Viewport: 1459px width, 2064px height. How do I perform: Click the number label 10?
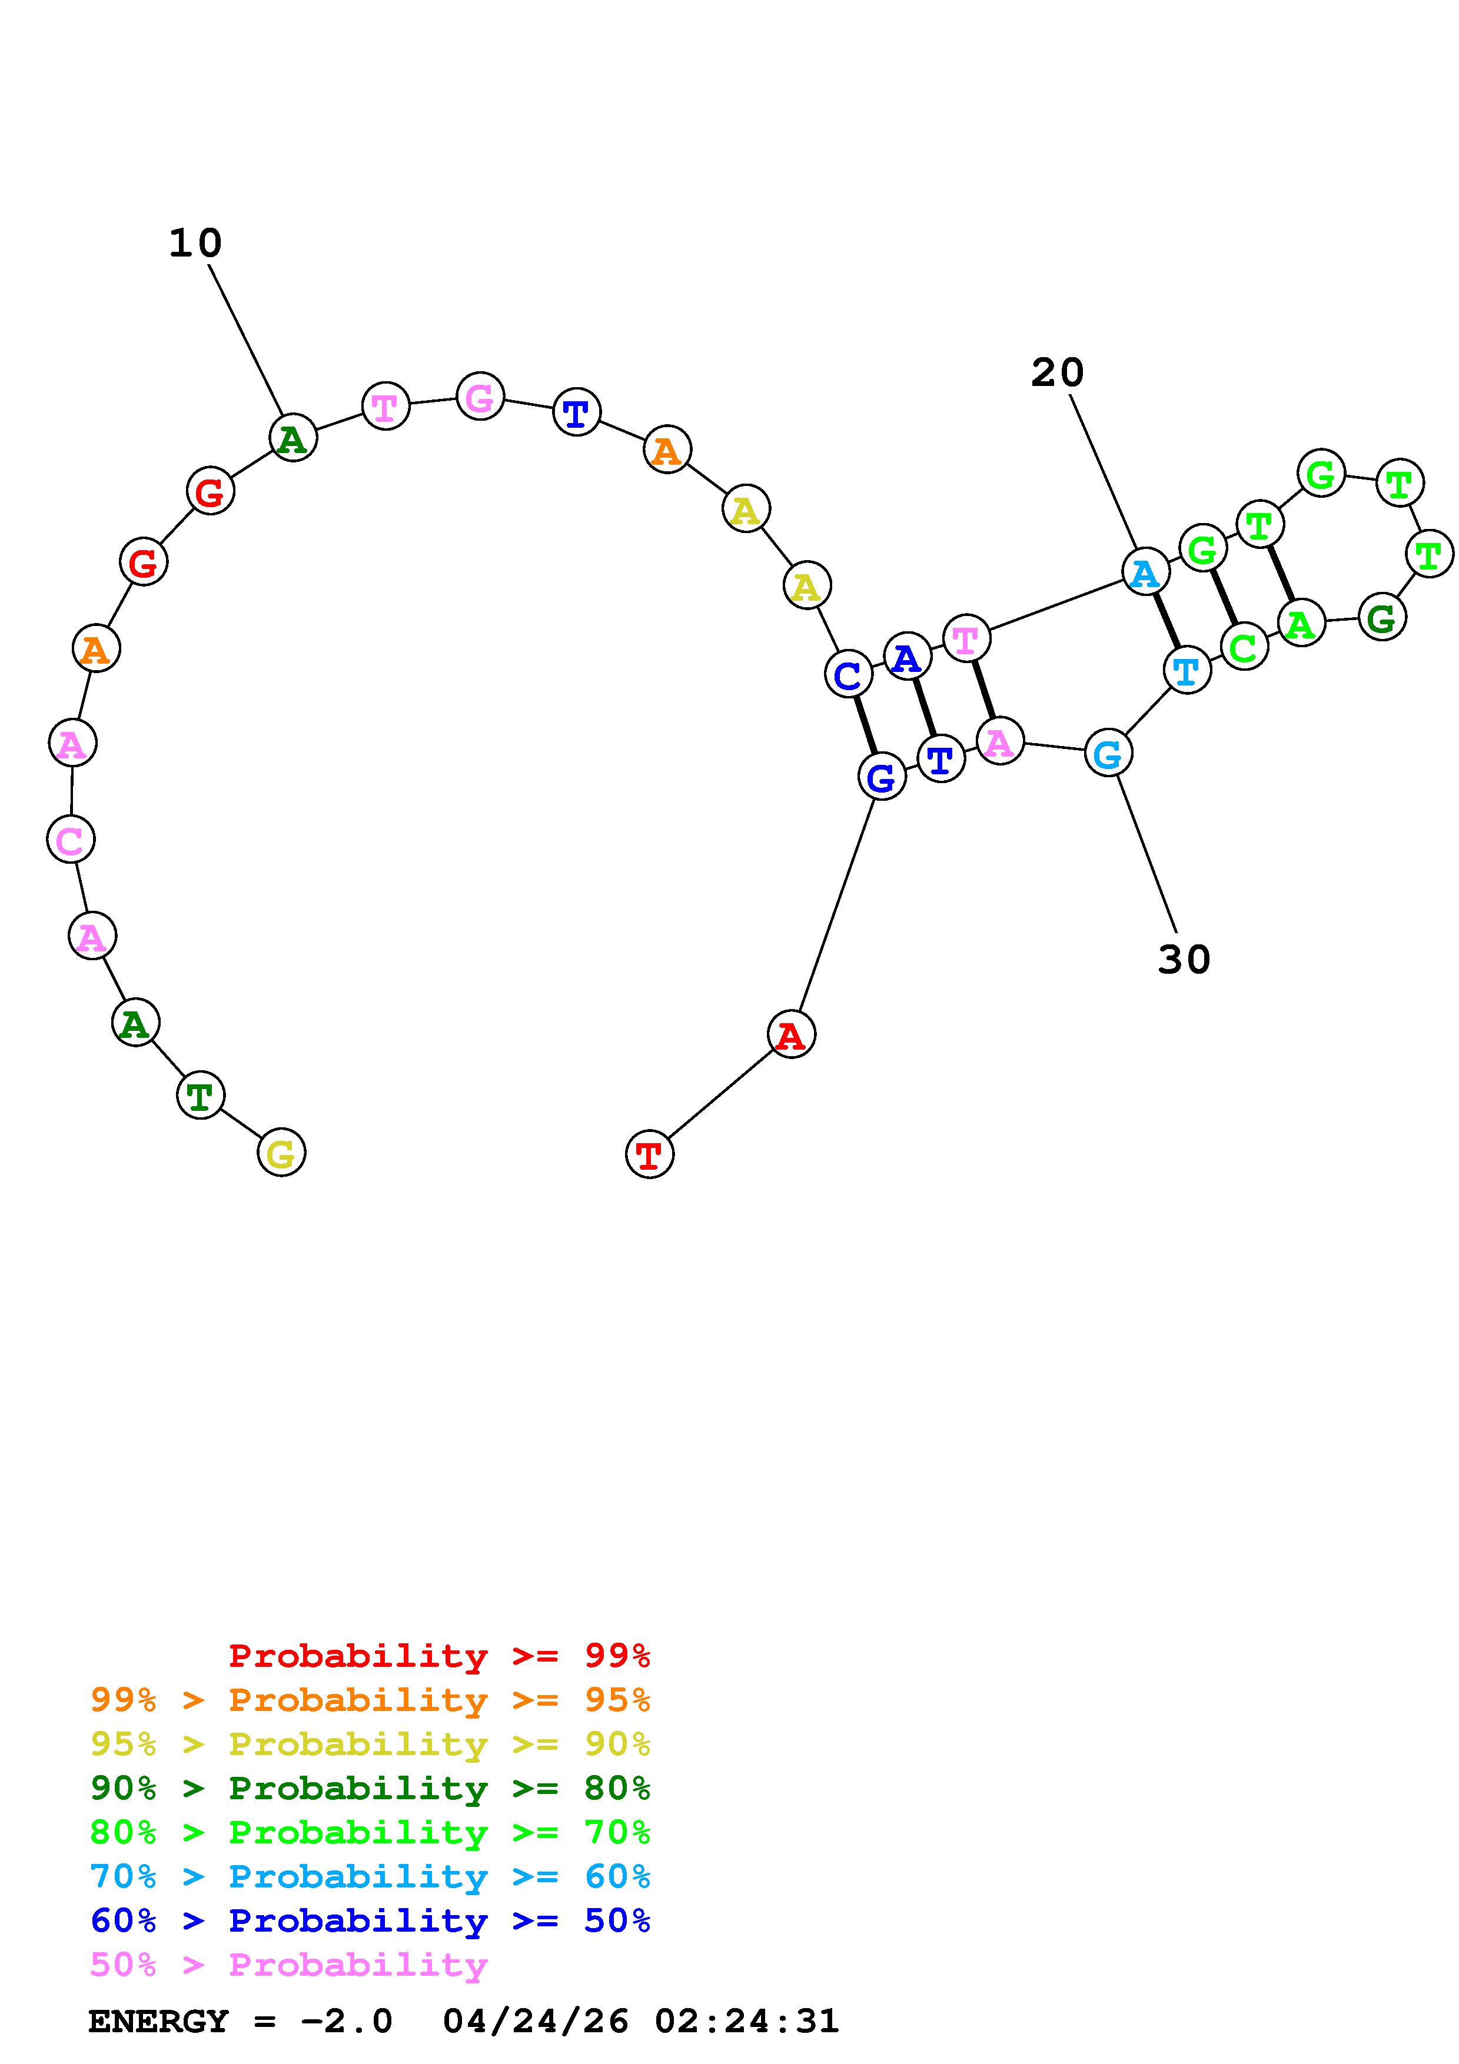195,244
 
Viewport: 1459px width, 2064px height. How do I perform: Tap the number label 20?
1057,373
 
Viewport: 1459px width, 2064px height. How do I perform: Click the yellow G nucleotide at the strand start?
281,1153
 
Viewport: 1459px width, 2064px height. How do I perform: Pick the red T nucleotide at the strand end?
649,1154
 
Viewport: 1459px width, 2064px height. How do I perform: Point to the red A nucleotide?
791,1035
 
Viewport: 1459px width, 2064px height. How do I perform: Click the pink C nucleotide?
70,840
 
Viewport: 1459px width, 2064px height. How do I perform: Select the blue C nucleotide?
848,675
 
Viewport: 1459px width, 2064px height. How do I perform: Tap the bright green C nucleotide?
1244,647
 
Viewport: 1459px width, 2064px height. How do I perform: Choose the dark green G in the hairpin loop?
1382,618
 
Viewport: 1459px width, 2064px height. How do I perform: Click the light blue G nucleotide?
1108,753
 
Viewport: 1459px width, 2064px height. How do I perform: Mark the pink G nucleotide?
480,397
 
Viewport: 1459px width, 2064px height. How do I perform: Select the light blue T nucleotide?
1187,670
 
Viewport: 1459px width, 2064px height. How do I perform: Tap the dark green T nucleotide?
201,1095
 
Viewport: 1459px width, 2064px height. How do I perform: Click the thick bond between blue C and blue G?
864,725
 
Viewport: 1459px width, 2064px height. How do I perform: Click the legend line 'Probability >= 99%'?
440,1655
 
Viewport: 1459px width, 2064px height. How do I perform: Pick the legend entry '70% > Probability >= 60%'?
370,1876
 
